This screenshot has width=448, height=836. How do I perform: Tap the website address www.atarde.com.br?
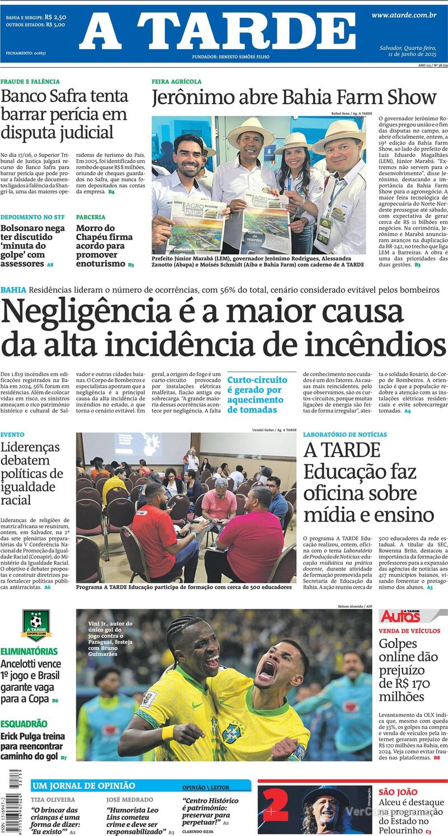click(x=404, y=15)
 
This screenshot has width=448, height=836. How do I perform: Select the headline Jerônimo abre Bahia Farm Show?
click(x=293, y=98)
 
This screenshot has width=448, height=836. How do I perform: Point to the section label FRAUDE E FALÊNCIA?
click(x=30, y=82)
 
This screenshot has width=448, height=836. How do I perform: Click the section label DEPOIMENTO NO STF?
click(x=32, y=217)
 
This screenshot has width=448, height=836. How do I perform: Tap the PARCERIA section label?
click(x=91, y=217)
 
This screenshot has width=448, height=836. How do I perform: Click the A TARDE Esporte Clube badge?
click(x=36, y=625)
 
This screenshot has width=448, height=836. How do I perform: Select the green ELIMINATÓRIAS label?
click(x=29, y=652)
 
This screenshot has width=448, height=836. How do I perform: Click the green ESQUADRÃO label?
click(x=24, y=724)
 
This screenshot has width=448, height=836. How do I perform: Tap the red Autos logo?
click(x=400, y=616)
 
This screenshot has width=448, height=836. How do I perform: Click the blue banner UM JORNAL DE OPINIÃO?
click(x=83, y=786)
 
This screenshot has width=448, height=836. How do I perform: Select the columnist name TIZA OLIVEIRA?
click(x=53, y=800)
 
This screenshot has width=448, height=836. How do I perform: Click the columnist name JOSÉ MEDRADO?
click(x=129, y=800)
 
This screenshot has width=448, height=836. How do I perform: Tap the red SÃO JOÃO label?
click(x=398, y=792)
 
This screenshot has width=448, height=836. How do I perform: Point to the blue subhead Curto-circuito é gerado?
click(x=257, y=394)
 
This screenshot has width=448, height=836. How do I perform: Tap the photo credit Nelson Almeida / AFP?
click(x=355, y=607)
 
